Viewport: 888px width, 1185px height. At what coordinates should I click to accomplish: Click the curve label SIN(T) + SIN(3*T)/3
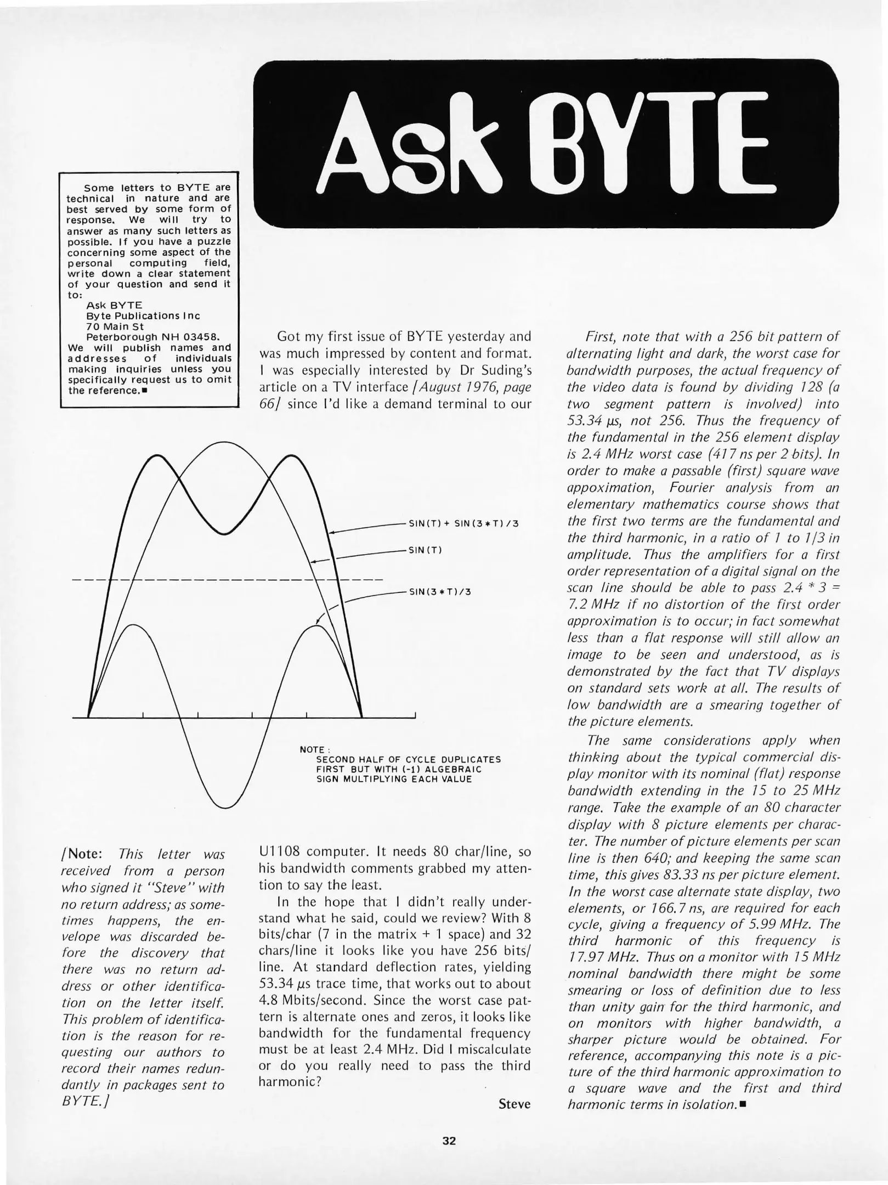(x=463, y=523)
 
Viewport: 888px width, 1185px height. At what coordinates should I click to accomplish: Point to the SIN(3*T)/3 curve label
(x=440, y=592)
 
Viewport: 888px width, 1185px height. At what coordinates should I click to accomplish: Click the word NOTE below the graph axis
(x=312, y=749)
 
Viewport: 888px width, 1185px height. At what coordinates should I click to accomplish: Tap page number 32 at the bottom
(x=449, y=1141)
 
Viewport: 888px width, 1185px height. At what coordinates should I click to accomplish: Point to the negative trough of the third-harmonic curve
(x=224, y=806)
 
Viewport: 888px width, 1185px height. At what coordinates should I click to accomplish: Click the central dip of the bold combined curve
(x=224, y=533)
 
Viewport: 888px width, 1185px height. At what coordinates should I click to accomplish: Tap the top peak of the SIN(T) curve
(x=224, y=443)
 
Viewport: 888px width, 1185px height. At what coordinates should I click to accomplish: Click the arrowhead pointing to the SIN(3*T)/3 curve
(x=318, y=622)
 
